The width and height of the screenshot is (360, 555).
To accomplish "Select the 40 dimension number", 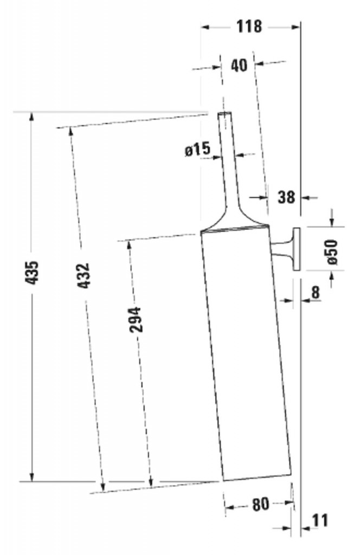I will [239, 65].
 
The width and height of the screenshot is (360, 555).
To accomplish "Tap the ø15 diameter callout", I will [197, 150].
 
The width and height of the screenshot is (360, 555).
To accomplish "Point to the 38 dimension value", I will [286, 197].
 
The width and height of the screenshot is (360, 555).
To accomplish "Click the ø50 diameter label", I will [331, 251].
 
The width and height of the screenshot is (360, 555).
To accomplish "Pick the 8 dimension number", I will [316, 293].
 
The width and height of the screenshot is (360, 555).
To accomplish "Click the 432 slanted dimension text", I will [82, 275].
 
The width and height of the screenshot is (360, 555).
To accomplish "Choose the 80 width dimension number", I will [260, 504].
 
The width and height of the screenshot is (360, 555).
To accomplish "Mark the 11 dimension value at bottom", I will [320, 520].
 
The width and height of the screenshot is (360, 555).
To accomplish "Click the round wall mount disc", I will [296, 249].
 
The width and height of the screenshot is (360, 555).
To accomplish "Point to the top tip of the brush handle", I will [225, 114].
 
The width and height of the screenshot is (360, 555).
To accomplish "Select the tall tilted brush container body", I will [247, 352].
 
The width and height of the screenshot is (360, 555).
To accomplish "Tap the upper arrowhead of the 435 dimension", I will [31, 117].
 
